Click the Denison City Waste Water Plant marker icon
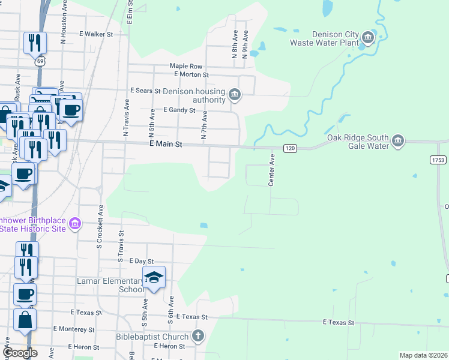[368, 39]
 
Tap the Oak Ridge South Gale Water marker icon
[397, 142]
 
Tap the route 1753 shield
[438, 160]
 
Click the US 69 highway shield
[40, 61]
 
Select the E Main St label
[165, 145]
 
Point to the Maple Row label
[186, 66]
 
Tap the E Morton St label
[191, 74]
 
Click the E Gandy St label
[179, 110]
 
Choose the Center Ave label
[271, 169]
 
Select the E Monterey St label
[73, 329]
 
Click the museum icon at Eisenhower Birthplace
[74, 224]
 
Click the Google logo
[20, 353]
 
